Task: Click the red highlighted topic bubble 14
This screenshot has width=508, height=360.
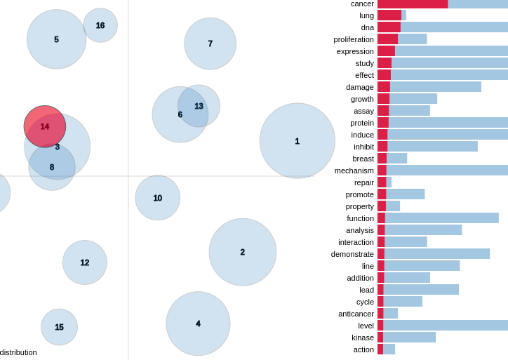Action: (x=45, y=126)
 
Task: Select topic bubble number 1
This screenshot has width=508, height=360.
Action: (x=297, y=141)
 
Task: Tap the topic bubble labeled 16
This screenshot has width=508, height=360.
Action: (x=100, y=25)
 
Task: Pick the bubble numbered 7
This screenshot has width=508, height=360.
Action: (x=210, y=44)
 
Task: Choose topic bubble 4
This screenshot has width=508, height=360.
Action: (x=198, y=324)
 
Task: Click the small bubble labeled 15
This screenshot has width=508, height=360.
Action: (x=59, y=327)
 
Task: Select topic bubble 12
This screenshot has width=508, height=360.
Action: (x=84, y=262)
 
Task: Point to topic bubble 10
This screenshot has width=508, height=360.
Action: (x=157, y=198)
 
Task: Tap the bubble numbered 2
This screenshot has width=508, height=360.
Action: (x=242, y=252)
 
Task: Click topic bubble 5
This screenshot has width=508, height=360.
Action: (x=56, y=39)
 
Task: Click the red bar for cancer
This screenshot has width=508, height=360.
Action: (x=413, y=4)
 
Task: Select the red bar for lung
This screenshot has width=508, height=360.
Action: (x=389, y=15)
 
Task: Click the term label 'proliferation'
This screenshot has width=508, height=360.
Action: (x=354, y=39)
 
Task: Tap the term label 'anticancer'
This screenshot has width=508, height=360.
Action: (x=356, y=314)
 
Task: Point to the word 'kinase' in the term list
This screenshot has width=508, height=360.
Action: (x=363, y=338)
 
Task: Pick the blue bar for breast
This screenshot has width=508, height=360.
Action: (x=397, y=159)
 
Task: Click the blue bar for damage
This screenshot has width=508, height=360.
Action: (x=436, y=87)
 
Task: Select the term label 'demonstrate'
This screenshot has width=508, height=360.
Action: (x=352, y=254)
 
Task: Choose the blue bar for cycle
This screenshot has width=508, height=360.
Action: (x=403, y=302)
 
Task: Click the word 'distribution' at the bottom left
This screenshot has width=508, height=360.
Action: (x=18, y=352)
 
